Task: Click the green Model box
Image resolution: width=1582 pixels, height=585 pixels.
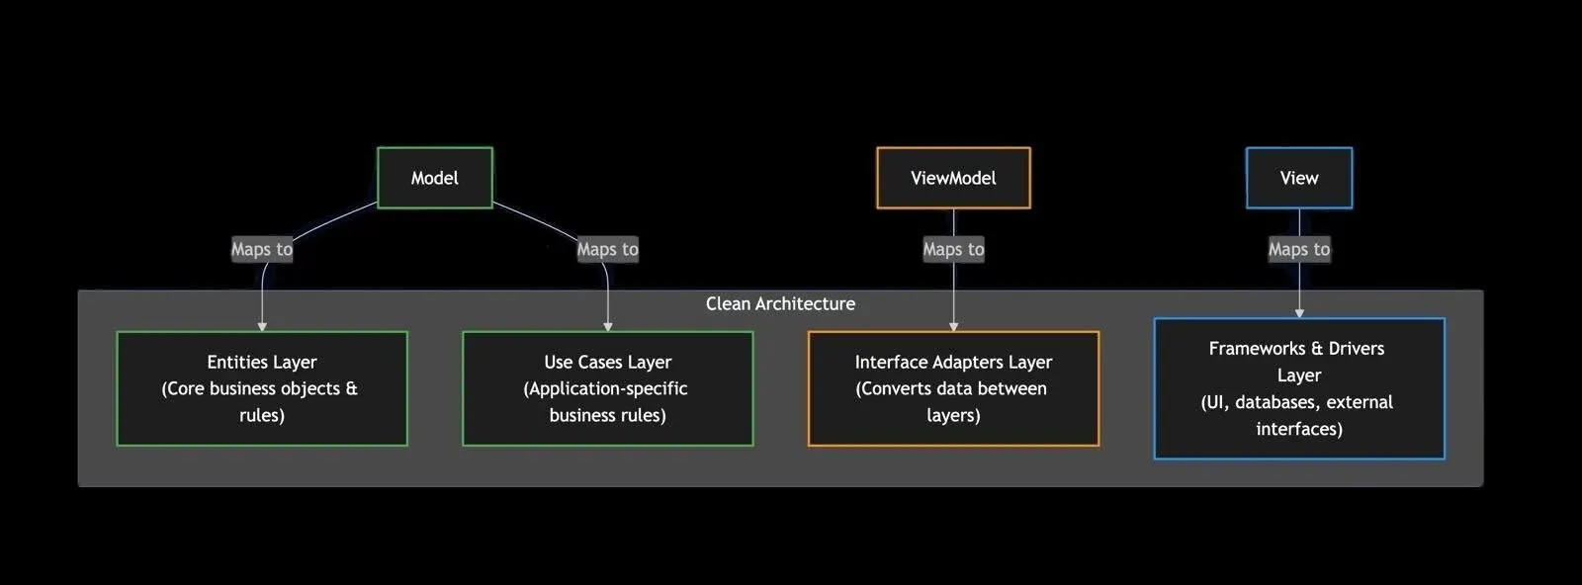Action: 434,178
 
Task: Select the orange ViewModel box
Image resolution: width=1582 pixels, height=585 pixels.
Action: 953,178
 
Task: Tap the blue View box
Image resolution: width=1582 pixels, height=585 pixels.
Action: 1298,178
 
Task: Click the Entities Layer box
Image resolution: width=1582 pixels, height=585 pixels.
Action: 262,388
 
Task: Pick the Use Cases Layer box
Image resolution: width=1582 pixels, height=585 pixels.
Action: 607,388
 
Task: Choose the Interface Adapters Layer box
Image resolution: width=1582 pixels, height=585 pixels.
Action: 953,388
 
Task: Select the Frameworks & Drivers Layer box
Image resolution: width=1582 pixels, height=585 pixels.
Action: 1298,388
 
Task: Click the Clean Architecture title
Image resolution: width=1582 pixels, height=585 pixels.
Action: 780,303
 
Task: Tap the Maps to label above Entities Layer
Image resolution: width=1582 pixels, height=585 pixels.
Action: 262,249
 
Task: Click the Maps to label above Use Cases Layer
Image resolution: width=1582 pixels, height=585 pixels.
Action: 607,249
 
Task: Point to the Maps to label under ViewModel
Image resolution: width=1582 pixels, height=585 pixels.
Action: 953,249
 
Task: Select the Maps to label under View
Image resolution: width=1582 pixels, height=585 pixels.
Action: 1298,249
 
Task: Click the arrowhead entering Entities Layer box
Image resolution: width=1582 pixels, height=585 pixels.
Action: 262,326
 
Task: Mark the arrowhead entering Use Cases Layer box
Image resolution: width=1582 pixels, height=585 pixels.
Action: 607,326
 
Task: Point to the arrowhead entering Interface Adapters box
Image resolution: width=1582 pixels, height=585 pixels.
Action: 953,326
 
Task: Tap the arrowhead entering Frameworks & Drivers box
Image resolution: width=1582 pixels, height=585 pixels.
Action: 1299,313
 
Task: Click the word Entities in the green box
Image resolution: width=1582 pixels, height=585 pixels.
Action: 236,362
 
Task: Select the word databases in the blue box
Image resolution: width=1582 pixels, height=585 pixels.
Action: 1277,402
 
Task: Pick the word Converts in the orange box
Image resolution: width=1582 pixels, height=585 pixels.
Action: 896,388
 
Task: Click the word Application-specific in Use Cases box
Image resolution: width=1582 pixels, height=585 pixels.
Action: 608,388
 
